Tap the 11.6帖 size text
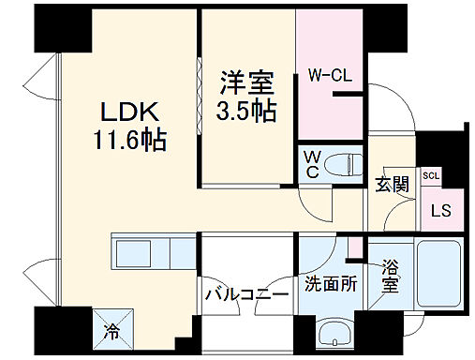tap(131, 142)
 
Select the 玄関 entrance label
tap(392, 184)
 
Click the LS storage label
tap(440, 210)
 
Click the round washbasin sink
tap(333, 332)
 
